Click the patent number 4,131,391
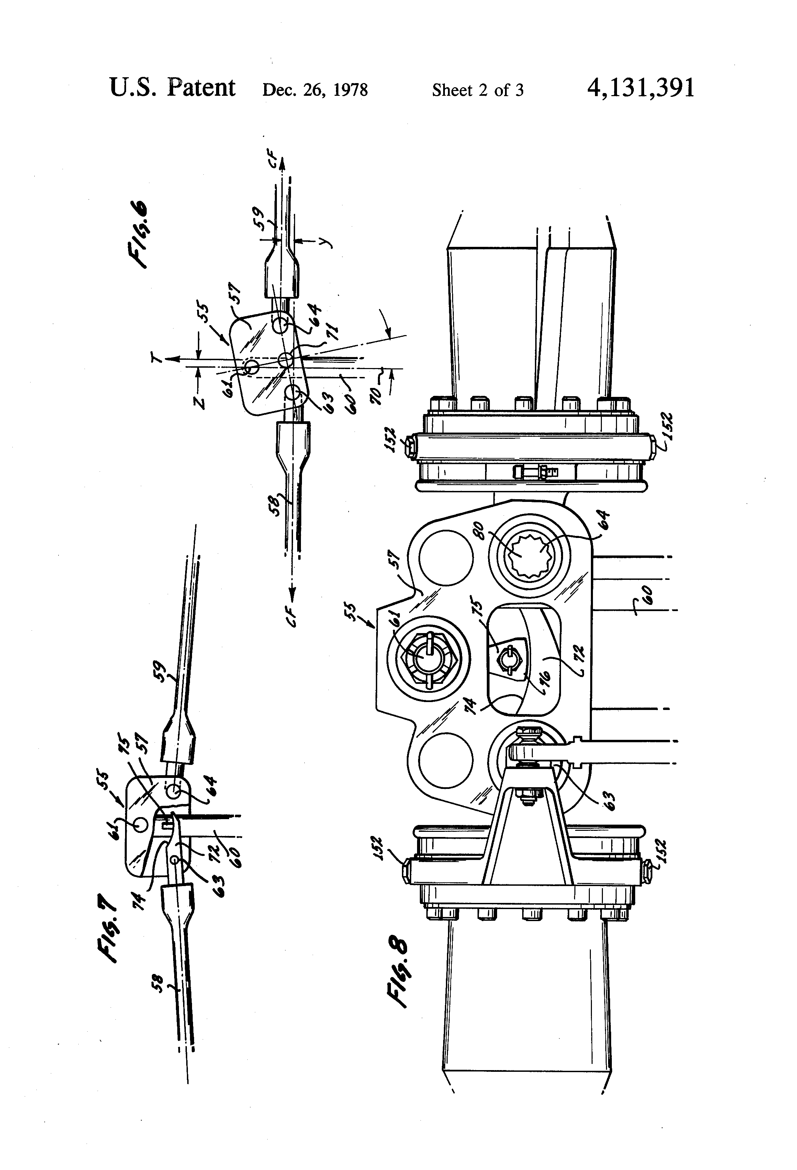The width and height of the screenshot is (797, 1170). [x=640, y=88]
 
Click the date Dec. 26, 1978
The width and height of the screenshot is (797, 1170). [x=315, y=90]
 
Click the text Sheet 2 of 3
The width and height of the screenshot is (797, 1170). [x=478, y=90]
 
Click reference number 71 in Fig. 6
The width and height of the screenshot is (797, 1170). [x=333, y=332]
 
